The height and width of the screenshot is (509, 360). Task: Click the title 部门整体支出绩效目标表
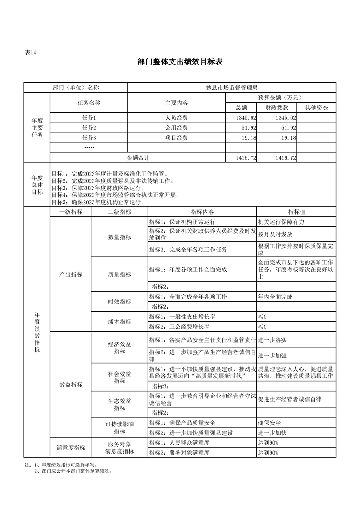pos(180,62)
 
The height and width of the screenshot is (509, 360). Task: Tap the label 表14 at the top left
pos(30,53)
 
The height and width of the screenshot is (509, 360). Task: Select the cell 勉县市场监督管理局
pos(232,88)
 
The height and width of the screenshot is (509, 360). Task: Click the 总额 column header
pos(241,108)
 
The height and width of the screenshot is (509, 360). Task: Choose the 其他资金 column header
pos(316,108)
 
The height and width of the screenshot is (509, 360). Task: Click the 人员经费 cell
pos(177,118)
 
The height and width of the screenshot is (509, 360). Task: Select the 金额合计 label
pos(138,158)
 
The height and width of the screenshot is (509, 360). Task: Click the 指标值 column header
pos(296,212)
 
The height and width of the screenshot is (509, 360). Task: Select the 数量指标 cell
pos(119,237)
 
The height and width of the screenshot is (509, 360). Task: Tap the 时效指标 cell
pos(119,302)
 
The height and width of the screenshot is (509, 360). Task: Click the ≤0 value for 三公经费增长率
pos(262,327)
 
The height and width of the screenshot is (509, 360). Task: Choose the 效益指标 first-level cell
pos(71,385)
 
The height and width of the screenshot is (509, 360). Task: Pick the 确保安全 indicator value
pos(269,423)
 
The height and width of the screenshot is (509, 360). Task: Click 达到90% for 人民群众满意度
pos(268,443)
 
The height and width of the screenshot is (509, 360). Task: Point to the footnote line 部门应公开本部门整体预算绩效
pos(73,471)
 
